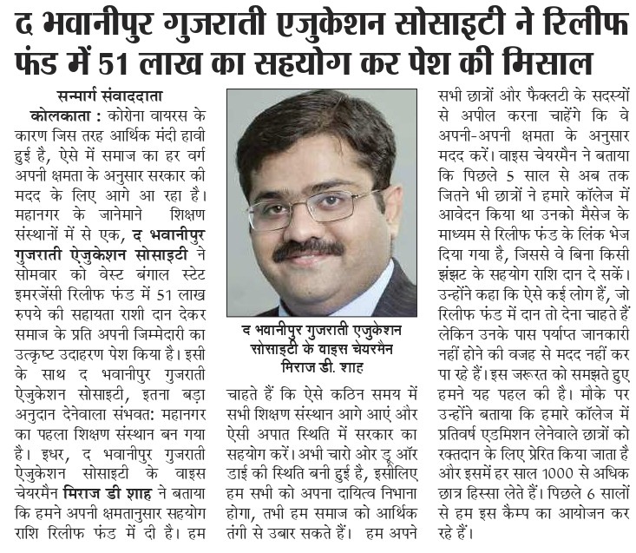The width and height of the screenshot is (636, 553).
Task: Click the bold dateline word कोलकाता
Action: point(58,115)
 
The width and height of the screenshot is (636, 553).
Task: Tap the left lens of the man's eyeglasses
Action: point(279,208)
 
